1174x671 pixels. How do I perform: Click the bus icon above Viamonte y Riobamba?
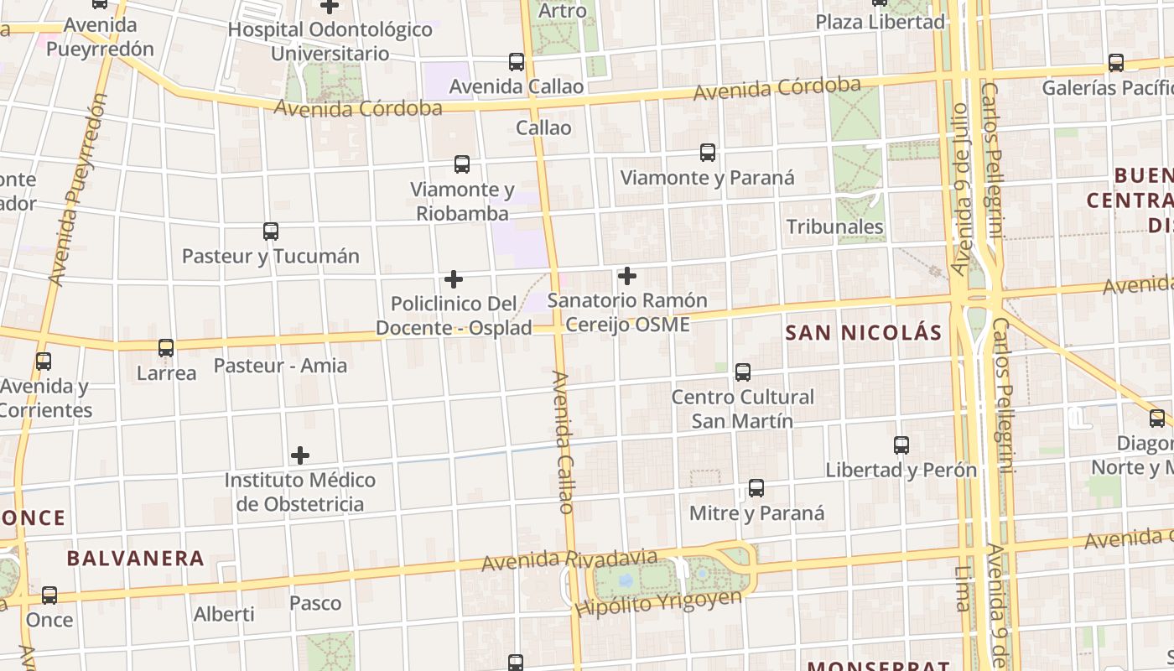point(462,164)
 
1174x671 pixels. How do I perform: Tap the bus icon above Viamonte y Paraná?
point(708,153)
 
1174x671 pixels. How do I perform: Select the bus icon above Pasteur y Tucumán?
point(270,231)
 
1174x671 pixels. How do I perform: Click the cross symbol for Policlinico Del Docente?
point(454,278)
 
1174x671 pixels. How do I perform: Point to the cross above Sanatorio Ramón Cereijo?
point(626,276)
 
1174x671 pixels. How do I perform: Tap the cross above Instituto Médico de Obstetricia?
point(300,455)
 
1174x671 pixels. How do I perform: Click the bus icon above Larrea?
point(166,348)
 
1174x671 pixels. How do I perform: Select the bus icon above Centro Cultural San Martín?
point(743,372)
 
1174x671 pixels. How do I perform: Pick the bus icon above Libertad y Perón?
point(901,445)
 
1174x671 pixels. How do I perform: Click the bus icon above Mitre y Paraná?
point(756,488)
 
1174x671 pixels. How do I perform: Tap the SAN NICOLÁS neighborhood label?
point(864,333)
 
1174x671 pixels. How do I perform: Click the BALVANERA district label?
point(136,559)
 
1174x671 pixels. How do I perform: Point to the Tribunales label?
point(835,227)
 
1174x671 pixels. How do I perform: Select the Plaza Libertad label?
point(880,22)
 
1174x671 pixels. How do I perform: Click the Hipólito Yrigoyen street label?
point(659,602)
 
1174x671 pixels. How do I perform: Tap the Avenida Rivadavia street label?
point(570,559)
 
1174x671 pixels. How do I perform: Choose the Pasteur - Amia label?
point(280,366)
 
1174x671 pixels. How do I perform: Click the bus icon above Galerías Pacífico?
point(1116,63)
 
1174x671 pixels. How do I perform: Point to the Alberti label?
point(224,614)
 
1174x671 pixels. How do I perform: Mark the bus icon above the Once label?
point(49,596)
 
